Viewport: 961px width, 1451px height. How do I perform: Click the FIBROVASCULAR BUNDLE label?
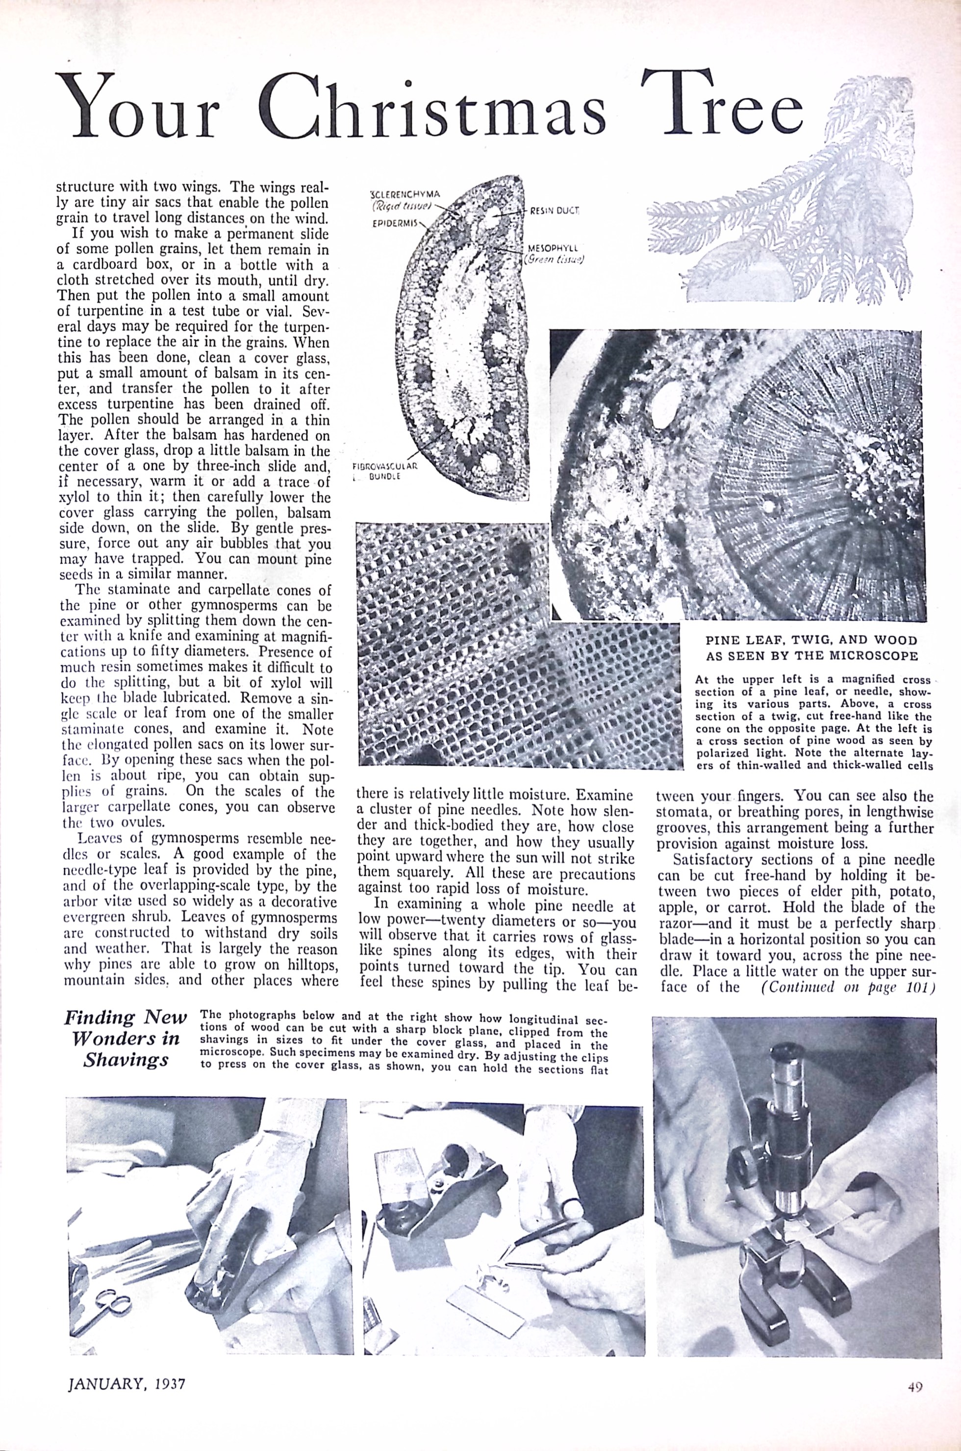pyautogui.click(x=385, y=470)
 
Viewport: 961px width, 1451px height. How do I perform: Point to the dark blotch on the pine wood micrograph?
pyautogui.click(x=518, y=555)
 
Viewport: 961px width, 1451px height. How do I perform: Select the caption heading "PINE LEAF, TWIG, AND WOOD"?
pyautogui.click(x=811, y=640)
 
